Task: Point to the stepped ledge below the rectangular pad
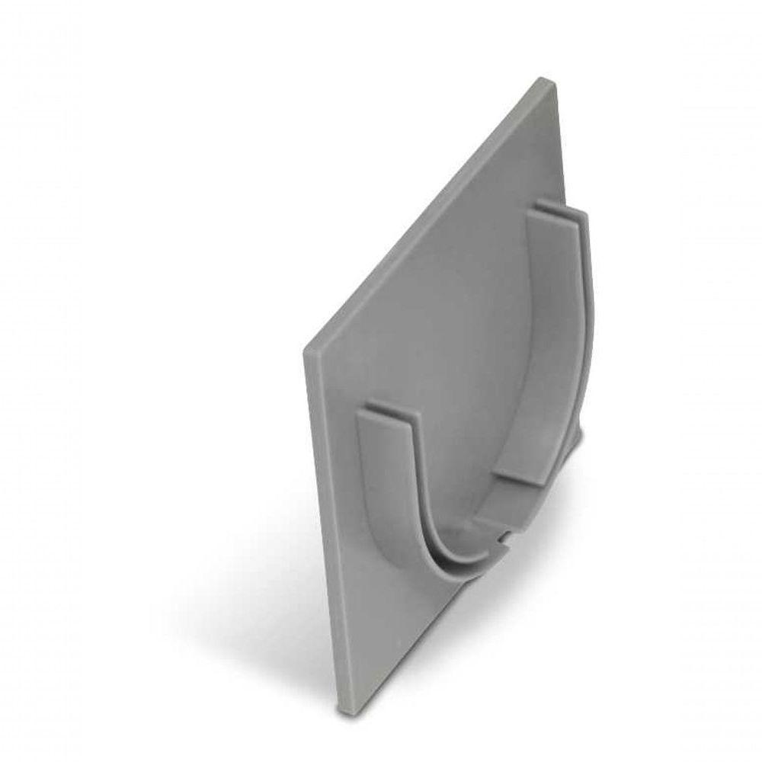518,503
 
